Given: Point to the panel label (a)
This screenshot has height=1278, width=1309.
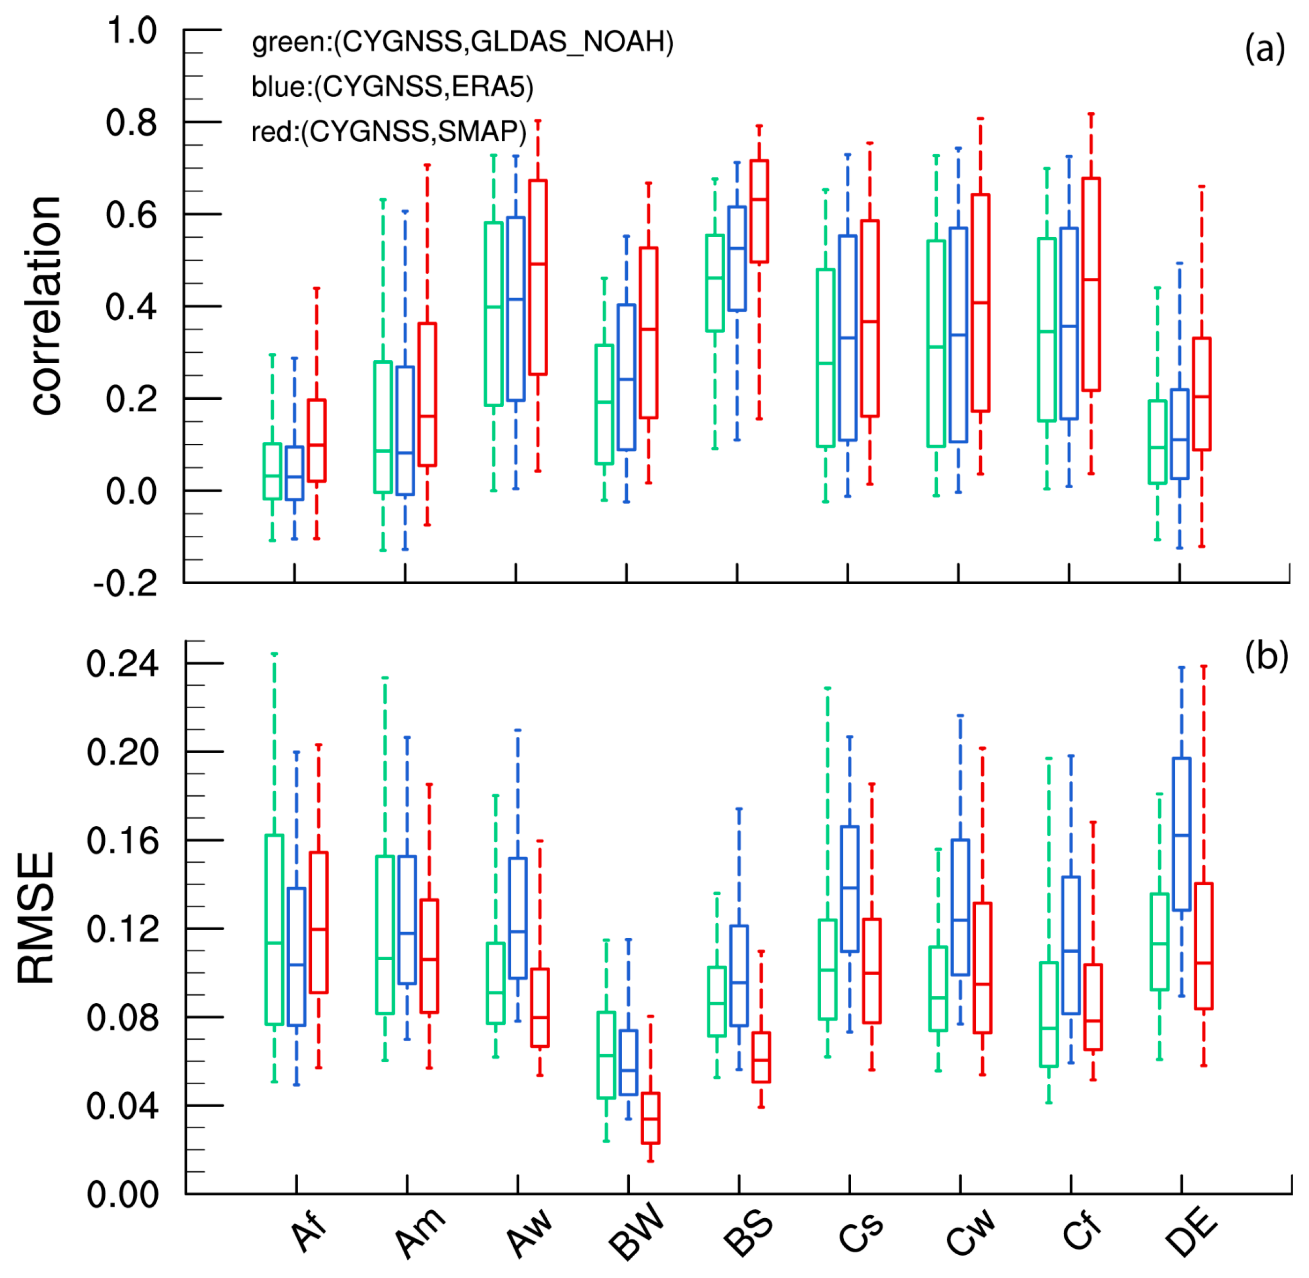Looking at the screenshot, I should click(1264, 48).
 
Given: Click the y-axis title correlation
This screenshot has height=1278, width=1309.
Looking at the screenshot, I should click(47, 305).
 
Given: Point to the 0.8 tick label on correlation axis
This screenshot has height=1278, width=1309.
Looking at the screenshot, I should click(131, 123).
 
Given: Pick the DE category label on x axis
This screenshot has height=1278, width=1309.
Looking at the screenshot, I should click(1191, 1234).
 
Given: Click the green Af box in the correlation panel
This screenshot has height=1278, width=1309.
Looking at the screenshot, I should click(272, 470).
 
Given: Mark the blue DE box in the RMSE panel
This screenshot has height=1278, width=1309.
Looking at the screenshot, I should click(1181, 834).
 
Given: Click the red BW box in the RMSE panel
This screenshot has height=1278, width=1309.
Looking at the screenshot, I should click(650, 1118).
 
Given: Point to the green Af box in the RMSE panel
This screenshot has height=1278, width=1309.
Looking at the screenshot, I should click(274, 930).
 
